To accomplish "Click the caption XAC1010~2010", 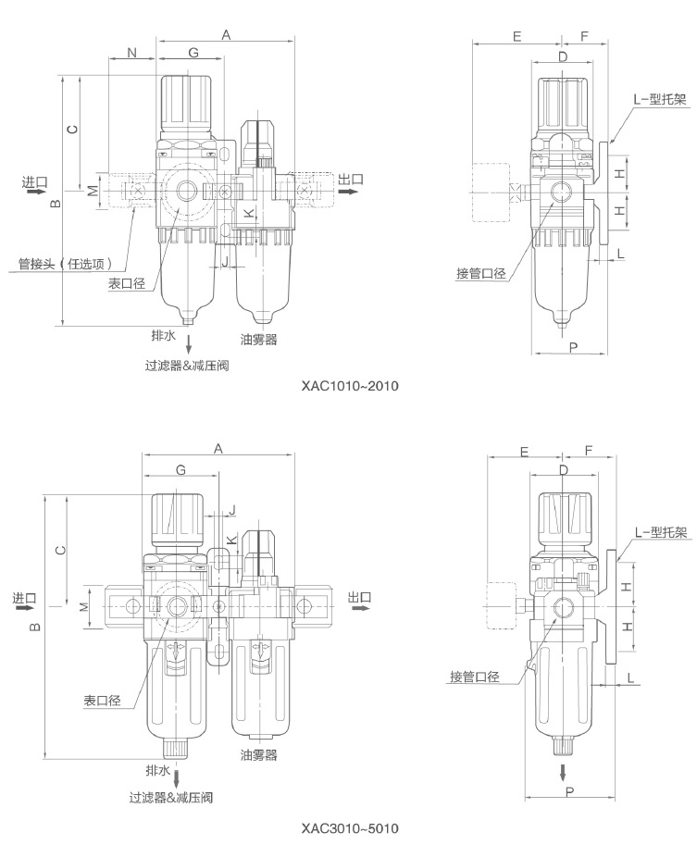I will click(x=349, y=385).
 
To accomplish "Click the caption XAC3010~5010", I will click(x=349, y=826).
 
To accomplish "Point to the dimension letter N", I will click(x=131, y=54).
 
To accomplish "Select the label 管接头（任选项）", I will click(x=67, y=263).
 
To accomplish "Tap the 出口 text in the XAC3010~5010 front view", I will click(x=359, y=598).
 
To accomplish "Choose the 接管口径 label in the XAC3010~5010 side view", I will click(x=475, y=677).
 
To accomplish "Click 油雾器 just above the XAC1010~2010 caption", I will click(x=258, y=340).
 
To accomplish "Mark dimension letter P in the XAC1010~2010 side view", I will click(x=574, y=346).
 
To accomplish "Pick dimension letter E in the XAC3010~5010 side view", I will click(x=524, y=452).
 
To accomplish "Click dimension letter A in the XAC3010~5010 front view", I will click(x=218, y=448).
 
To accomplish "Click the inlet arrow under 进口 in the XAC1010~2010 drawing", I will click(x=34, y=194).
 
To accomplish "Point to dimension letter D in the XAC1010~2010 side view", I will click(x=563, y=58).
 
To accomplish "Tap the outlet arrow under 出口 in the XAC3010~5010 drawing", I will click(x=359, y=611).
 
